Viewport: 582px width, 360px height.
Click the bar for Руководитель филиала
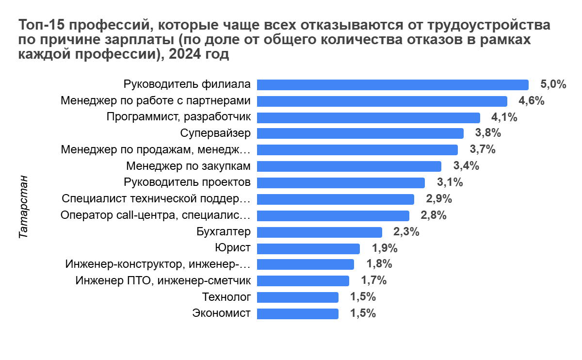tap(392, 85)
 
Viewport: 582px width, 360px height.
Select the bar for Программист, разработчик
tap(368, 117)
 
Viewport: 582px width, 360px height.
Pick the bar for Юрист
tap(308, 248)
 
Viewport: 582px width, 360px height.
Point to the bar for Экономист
tap(297, 313)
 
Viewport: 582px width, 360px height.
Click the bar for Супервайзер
tap(360, 133)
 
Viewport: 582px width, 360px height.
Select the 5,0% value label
tap(553, 84)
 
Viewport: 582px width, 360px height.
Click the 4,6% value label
tap(532, 101)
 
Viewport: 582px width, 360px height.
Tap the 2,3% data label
tap(406, 232)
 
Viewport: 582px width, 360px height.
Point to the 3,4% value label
tap(466, 166)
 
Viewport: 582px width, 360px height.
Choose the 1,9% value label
tap(385, 248)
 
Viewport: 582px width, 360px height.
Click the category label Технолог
tap(226, 297)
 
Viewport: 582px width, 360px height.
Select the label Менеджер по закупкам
tap(188, 166)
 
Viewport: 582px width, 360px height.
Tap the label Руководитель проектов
tap(187, 183)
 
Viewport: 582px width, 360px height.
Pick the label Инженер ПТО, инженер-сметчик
tap(163, 281)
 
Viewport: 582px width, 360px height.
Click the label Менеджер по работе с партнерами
tap(156, 101)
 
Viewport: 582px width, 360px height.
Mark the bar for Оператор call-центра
tap(333, 215)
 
